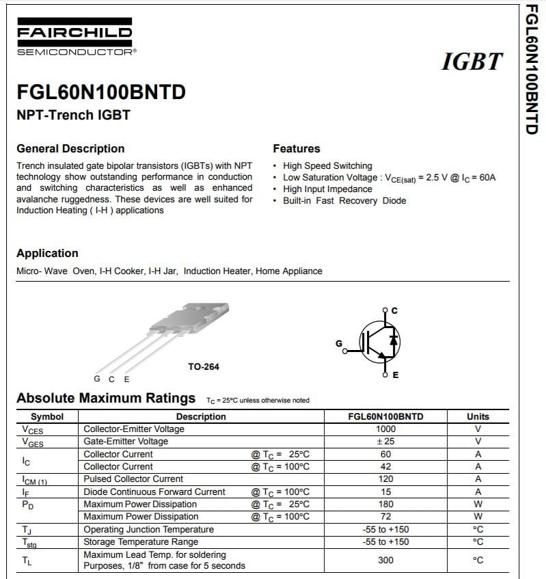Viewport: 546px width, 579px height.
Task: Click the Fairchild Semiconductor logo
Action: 74,39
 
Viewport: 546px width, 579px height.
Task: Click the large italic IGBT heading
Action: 472,62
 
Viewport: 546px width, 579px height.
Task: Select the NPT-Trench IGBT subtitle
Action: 73,115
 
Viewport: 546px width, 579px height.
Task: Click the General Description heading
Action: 70,148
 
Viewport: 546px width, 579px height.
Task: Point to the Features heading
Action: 297,148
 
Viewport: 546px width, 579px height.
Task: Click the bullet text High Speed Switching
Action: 327,165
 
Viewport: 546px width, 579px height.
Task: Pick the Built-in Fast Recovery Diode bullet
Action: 344,200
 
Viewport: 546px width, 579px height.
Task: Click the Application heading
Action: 47,253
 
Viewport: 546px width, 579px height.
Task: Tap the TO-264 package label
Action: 204,367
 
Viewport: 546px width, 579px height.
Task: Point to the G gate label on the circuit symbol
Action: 338,344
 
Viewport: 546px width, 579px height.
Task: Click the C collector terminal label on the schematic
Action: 394,311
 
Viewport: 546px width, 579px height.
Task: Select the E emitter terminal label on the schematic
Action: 396,375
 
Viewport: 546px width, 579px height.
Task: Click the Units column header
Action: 478,416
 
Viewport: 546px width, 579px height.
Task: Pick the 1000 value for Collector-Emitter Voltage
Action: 385,429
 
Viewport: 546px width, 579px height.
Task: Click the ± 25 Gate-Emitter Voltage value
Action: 385,442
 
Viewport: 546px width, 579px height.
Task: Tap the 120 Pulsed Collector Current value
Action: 385,479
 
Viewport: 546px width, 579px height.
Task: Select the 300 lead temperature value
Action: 385,560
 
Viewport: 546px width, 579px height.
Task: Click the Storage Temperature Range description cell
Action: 141,542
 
